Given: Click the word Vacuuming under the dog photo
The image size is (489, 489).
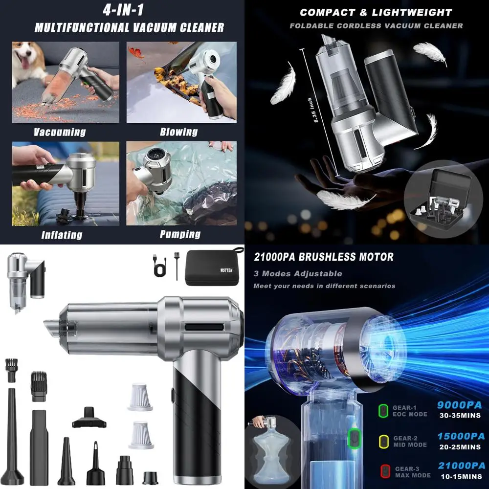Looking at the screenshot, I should (60, 132).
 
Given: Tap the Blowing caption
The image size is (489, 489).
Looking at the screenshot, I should (178, 132).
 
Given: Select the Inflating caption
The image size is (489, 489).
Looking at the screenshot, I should (61, 235).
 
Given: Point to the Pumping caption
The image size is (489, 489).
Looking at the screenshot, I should (180, 234).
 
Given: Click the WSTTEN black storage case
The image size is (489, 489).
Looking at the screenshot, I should (215, 267).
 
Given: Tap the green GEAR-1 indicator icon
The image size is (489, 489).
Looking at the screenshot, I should (384, 410).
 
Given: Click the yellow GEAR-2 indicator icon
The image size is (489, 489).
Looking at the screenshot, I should (384, 441).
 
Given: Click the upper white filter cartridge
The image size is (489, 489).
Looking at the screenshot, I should (140, 397).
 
